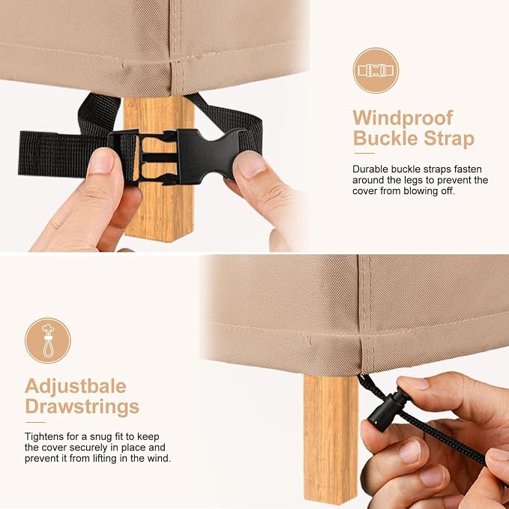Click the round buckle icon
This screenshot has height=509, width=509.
coord(376,70)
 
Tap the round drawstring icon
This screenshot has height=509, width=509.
coord(48,340)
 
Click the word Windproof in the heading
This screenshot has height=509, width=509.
coord(403,118)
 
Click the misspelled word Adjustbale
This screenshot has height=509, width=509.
coord(75,386)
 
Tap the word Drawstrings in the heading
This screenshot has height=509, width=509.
coord(82,407)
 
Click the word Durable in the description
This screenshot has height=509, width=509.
coord(370,169)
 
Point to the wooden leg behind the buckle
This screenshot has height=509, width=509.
coord(159,169)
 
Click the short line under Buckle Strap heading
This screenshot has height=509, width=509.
coord(364,154)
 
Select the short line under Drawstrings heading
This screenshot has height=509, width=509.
coord(35,422)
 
